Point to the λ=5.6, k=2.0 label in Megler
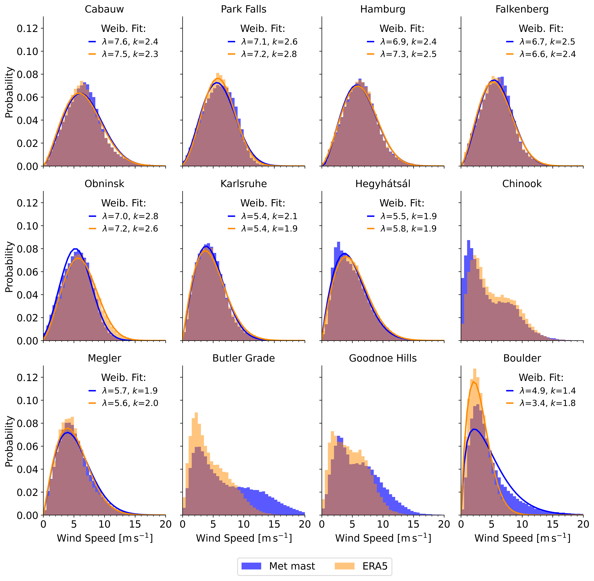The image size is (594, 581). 130,403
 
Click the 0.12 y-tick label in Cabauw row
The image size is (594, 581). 28,28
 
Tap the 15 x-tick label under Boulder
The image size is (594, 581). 552,524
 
